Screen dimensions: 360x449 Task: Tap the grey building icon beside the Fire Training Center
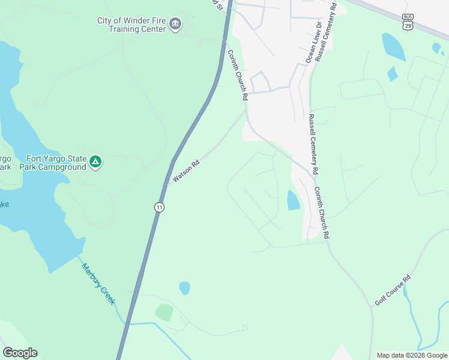pyautogui.click(x=175, y=25)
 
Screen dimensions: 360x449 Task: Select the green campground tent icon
pyautogui.click(x=95, y=162)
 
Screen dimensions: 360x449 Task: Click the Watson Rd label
pyautogui.click(x=185, y=171)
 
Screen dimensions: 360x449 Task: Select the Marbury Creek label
pyautogui.click(x=98, y=284)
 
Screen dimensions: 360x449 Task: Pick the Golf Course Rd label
pyautogui.click(x=393, y=290)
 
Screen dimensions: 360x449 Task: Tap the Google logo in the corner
pyautogui.click(x=20, y=353)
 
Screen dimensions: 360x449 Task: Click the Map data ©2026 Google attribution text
pyautogui.click(x=412, y=355)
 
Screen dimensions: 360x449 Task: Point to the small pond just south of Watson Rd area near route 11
pyautogui.click(x=184, y=288)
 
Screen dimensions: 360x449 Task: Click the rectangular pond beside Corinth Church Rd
pyautogui.click(x=294, y=200)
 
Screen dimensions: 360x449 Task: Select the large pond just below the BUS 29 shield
pyautogui.click(x=394, y=46)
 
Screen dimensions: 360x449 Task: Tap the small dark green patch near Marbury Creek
pyautogui.click(x=164, y=313)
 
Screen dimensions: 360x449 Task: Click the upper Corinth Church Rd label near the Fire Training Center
pyautogui.click(x=237, y=74)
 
